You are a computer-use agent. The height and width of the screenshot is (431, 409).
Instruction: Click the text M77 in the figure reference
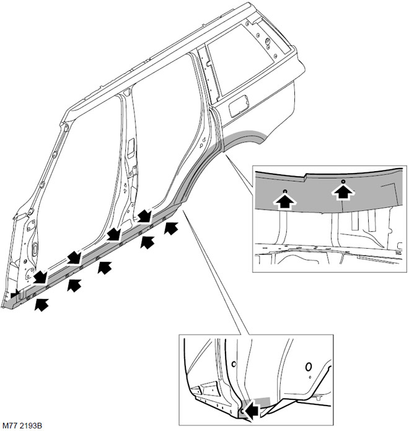(x=11, y=425)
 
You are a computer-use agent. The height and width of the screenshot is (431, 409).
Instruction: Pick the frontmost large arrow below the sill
(x=41, y=304)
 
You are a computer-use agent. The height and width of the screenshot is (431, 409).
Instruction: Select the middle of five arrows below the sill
(x=105, y=267)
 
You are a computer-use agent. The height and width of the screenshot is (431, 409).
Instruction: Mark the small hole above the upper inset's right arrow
(x=343, y=182)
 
